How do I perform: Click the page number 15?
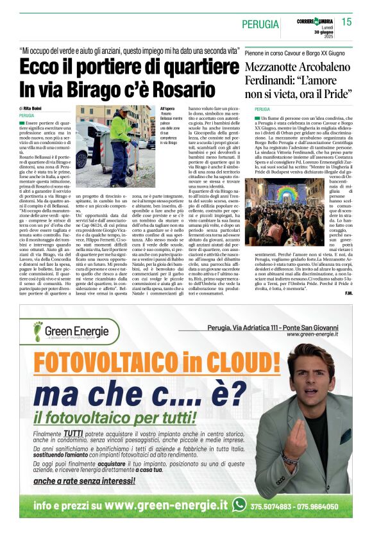(x=346, y=22)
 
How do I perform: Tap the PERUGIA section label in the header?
(x=260, y=24)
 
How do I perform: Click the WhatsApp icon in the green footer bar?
(x=239, y=505)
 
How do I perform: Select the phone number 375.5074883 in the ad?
(x=272, y=505)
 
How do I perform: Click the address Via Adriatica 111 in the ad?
(x=254, y=327)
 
